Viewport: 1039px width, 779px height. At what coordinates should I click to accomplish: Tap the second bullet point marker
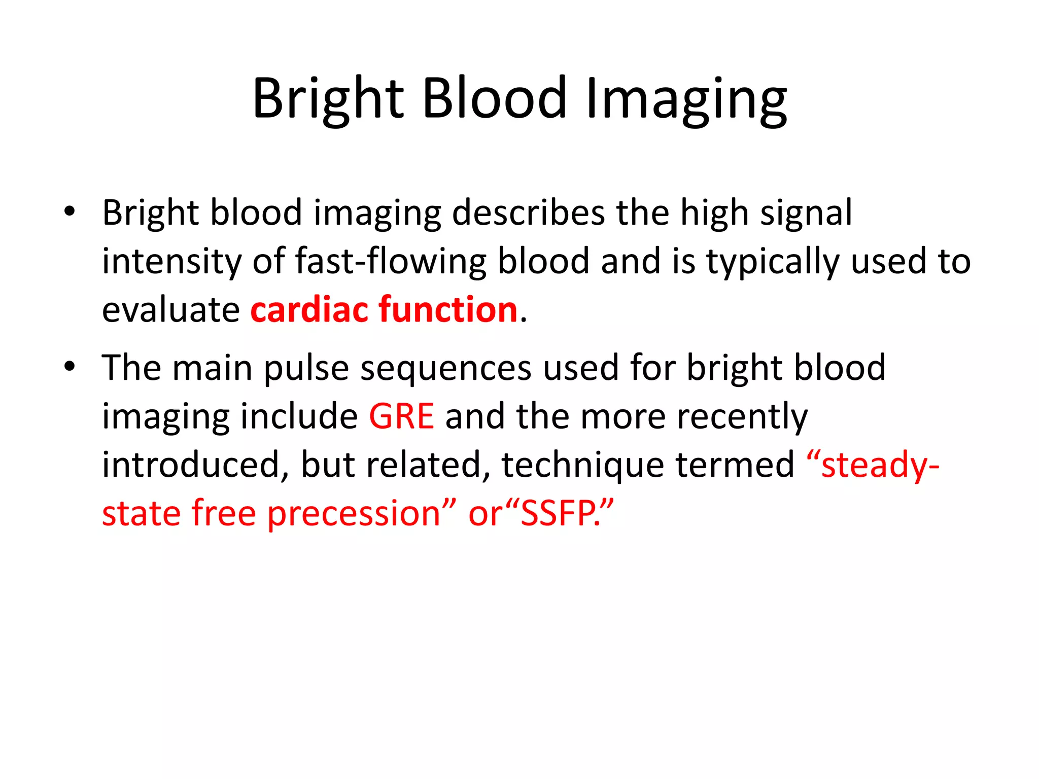[70, 366]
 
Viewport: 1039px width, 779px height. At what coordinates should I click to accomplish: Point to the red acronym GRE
[401, 416]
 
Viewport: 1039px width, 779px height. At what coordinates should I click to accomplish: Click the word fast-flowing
[391, 261]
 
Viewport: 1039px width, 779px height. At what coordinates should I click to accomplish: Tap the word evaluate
[170, 309]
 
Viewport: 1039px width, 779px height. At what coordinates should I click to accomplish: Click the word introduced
[191, 465]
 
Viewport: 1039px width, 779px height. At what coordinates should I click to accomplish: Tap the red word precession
[354, 514]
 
